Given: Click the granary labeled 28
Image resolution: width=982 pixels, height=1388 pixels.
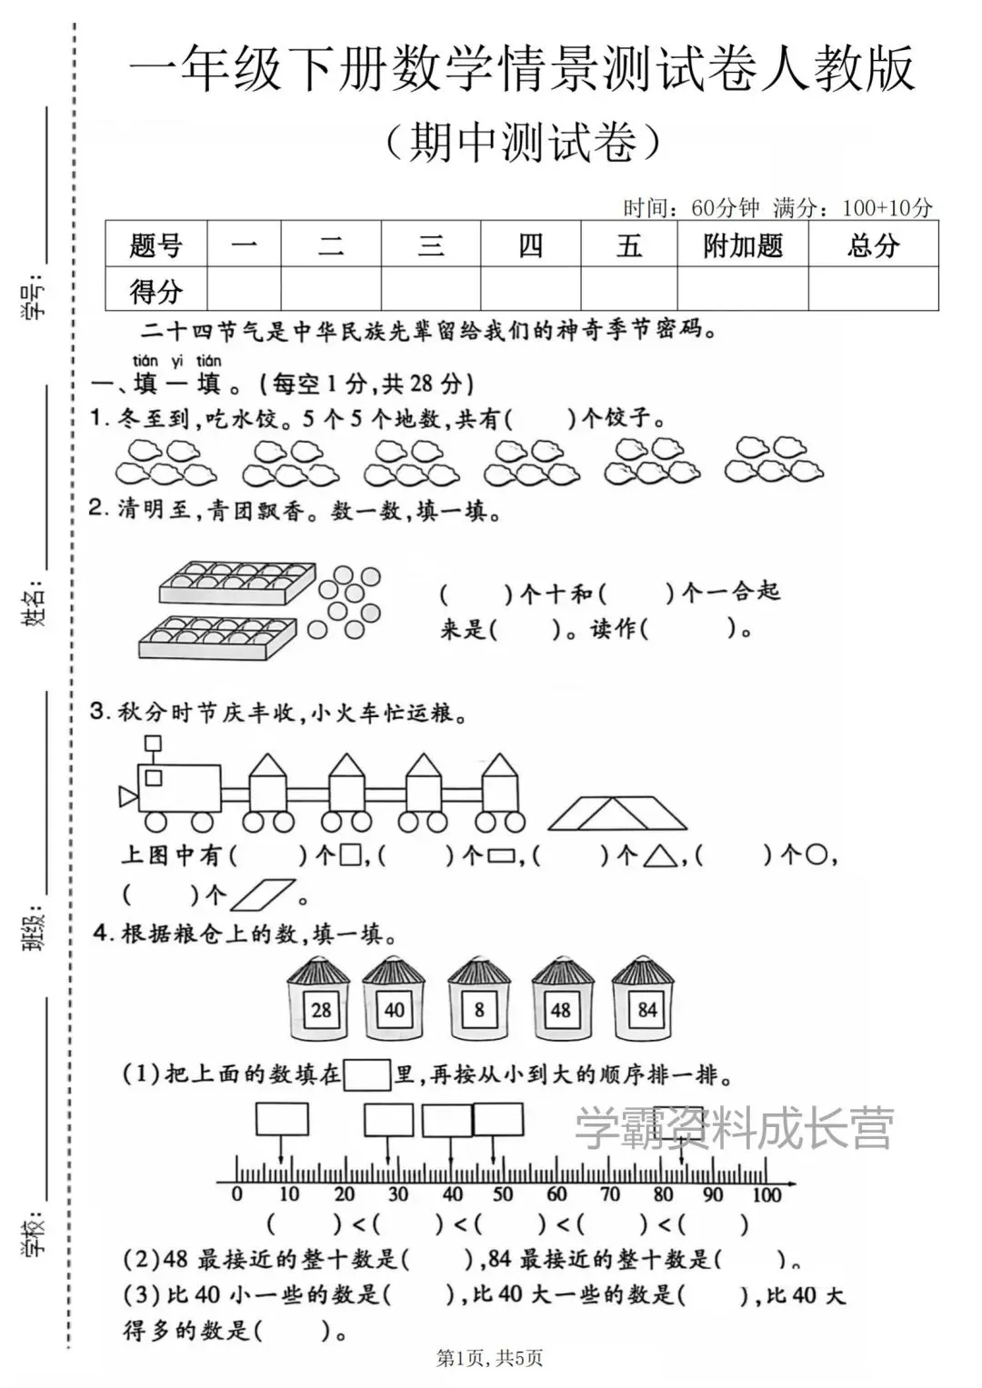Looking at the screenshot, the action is pyautogui.click(x=319, y=999).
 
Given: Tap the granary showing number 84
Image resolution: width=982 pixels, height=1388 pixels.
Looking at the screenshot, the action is pyautogui.click(x=645, y=999).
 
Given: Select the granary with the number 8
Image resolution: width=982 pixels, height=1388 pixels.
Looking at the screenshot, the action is pyautogui.click(x=478, y=999).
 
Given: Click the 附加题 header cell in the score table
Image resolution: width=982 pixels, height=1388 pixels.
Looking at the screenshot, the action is pyautogui.click(x=742, y=245).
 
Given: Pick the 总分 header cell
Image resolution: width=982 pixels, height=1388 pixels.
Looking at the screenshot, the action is pyautogui.click(x=873, y=245).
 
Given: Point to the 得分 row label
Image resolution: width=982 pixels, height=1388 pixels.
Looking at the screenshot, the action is pyautogui.click(x=155, y=291).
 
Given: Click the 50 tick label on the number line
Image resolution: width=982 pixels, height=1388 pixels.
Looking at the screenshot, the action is pyautogui.click(x=502, y=1194).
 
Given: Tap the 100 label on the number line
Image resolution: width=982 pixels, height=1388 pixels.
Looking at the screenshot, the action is pyautogui.click(x=766, y=1194).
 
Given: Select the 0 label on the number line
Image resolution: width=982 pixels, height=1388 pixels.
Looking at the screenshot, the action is pyautogui.click(x=237, y=1194).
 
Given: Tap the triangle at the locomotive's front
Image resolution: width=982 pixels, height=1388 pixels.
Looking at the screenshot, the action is pyautogui.click(x=127, y=797).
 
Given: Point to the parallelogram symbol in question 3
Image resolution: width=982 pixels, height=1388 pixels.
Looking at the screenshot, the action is pyautogui.click(x=264, y=894).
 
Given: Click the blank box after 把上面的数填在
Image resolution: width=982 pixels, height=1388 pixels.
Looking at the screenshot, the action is pyautogui.click(x=367, y=1074).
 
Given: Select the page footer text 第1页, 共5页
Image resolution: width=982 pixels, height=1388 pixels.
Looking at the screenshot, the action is pyautogui.click(x=490, y=1358).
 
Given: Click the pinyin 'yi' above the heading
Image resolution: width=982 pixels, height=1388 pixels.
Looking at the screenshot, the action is pyautogui.click(x=176, y=361).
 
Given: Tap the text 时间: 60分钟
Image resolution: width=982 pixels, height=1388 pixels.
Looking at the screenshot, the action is pyautogui.click(x=691, y=208).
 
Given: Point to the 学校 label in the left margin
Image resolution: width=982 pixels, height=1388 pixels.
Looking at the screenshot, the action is pyautogui.click(x=34, y=1233).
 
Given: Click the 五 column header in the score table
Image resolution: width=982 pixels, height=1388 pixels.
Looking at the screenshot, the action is pyautogui.click(x=629, y=245).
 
